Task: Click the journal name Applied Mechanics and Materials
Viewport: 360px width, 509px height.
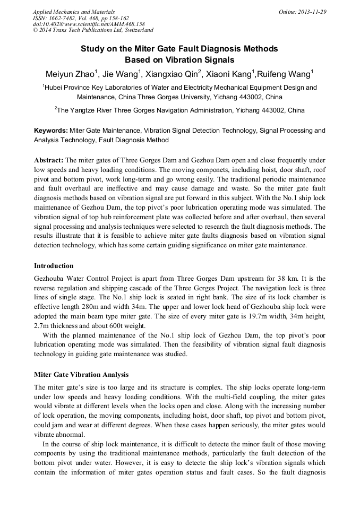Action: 74,12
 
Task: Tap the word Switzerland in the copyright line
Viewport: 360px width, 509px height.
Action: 136,31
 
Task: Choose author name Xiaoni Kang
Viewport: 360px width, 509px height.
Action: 232,74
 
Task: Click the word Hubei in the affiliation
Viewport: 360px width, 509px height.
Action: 55,88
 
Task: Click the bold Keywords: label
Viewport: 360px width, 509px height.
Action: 51,130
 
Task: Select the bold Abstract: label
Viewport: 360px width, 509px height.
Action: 49,160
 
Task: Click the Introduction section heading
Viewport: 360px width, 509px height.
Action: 54,265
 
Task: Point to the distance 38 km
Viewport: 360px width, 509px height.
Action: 302,279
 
